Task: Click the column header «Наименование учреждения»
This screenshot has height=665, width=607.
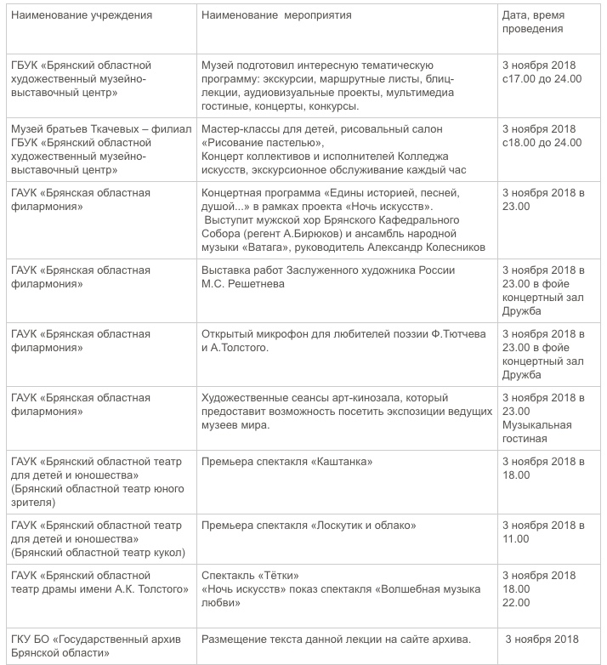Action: pyautogui.click(x=82, y=15)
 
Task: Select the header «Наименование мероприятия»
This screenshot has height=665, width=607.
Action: pyautogui.click(x=276, y=15)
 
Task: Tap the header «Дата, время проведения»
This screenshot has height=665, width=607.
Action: pyautogui.click(x=533, y=22)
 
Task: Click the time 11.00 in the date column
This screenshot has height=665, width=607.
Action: pyautogui.click(x=516, y=538)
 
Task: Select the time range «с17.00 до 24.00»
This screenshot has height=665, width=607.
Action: pyautogui.click(x=542, y=78)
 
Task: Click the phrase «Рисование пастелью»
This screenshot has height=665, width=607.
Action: pyautogui.click(x=257, y=142)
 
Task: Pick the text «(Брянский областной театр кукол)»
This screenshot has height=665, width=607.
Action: pyautogui.click(x=98, y=552)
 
